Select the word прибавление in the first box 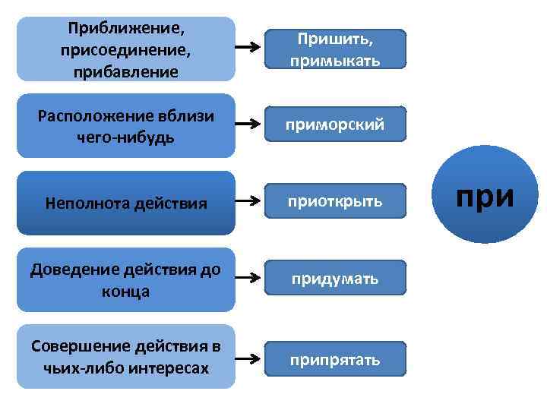(x=126, y=72)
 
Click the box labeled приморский (x=335, y=124)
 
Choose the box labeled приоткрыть (x=335, y=203)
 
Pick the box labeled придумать (x=335, y=280)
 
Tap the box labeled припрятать (x=335, y=359)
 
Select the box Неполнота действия (x=126, y=203)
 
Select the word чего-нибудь (x=126, y=137)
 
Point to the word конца (x=126, y=292)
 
